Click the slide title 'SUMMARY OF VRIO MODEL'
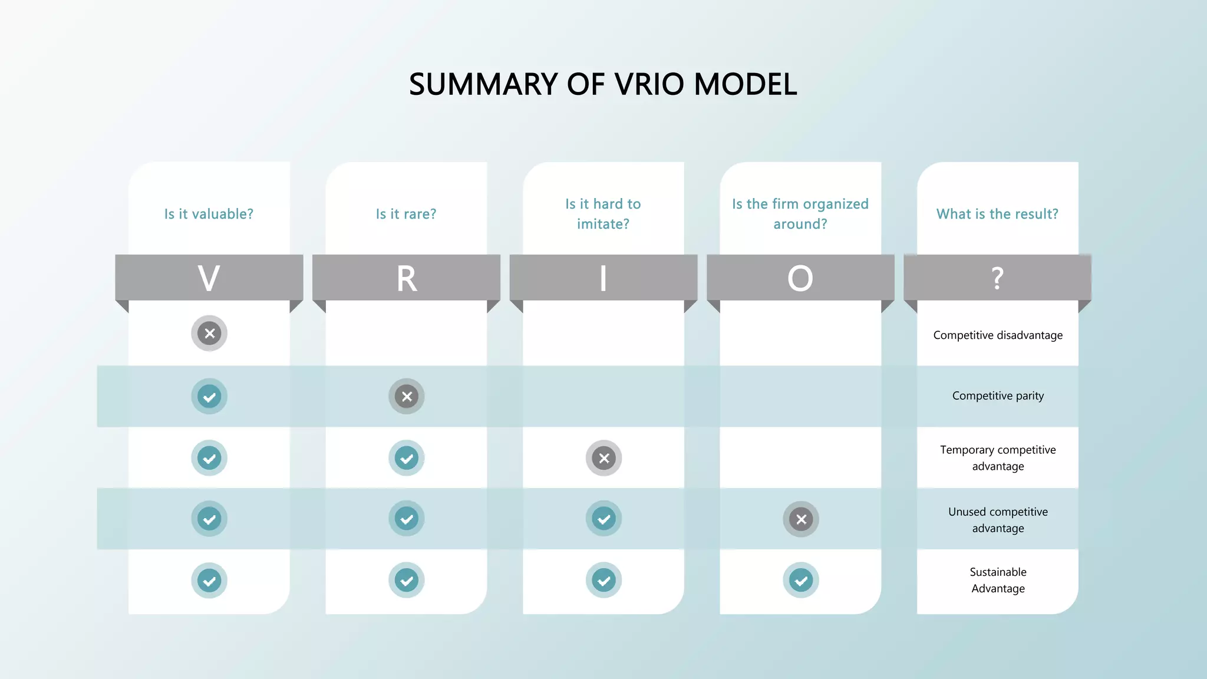603,84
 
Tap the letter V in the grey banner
209,278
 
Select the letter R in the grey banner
407,278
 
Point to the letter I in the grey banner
603,278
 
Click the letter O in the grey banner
800,278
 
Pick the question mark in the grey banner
997,278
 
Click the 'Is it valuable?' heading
209,214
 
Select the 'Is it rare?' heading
406,214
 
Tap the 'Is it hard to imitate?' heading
603,214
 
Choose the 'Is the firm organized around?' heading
800,214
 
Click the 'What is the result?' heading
997,214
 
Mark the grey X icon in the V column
209,333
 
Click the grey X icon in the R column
407,396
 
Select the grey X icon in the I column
603,458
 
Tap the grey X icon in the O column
801,519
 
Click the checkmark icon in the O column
801,581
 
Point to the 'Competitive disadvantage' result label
998,335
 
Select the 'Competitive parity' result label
998,396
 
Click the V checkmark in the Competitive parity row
209,396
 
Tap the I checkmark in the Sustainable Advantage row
603,581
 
